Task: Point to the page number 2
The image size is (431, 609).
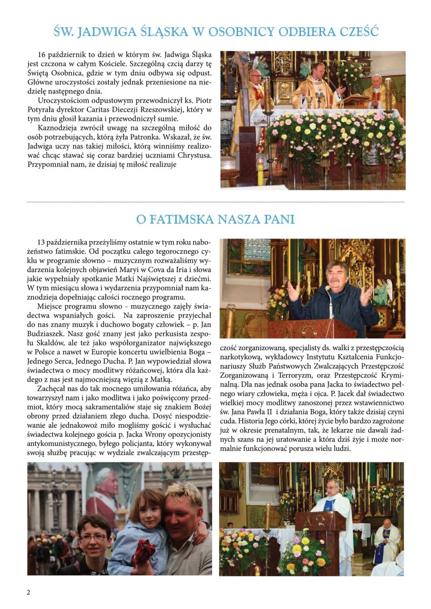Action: point(28,592)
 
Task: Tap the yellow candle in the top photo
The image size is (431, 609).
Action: point(260,171)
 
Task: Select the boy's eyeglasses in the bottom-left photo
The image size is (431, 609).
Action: point(93,537)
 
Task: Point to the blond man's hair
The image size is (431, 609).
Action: point(184,491)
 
